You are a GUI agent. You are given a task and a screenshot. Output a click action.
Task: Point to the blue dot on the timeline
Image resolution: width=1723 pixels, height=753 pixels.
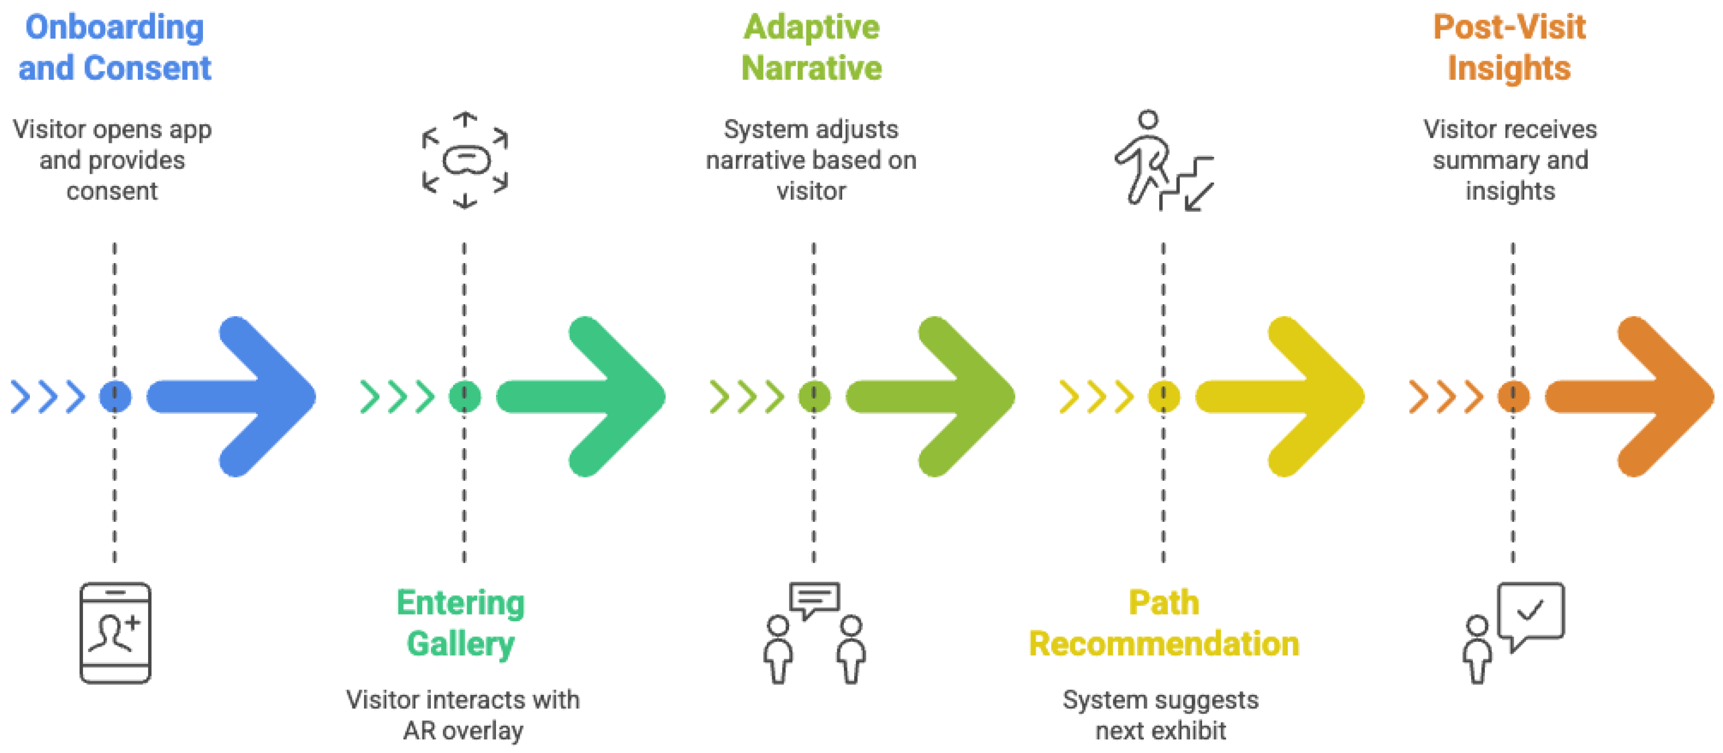coord(115,397)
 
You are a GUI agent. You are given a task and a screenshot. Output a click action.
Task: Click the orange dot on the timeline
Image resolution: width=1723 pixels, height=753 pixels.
coord(1513,397)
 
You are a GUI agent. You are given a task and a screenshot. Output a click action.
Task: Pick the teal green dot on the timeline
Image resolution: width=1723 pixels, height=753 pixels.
coord(464,397)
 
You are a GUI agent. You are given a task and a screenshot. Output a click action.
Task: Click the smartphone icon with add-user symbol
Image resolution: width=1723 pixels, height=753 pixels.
coord(115,633)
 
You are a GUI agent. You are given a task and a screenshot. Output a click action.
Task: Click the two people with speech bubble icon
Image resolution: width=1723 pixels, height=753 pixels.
coord(814,633)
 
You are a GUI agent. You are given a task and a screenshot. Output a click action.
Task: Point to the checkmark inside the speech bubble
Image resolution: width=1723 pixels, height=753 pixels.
coord(1530,610)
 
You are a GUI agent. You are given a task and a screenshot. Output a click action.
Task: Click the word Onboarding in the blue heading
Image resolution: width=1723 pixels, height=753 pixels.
coord(115,28)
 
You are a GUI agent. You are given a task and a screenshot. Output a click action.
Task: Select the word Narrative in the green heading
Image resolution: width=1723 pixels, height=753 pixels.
coord(811,68)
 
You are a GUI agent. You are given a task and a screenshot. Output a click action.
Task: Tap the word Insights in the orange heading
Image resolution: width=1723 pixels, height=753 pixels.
coord(1509,68)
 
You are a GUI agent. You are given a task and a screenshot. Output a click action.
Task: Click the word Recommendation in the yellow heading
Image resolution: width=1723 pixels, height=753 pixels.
coord(1164,644)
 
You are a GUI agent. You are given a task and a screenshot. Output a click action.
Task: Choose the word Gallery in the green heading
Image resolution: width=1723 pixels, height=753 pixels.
coord(461,644)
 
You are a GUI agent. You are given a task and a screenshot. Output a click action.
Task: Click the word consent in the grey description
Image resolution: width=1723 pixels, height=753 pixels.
coord(112,192)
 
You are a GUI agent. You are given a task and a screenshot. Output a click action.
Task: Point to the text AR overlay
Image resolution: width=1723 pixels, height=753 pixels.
coord(463,730)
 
